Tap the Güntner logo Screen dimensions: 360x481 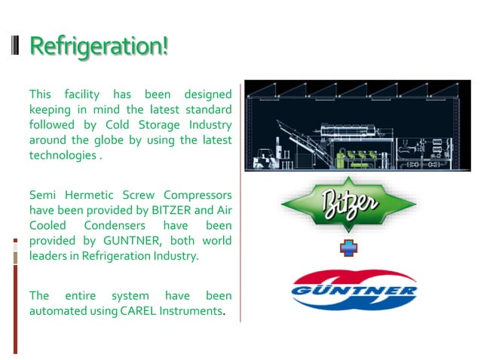click(x=354, y=291)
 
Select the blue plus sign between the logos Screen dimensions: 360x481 click(x=348, y=248)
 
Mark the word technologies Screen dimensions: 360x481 click(x=63, y=155)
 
